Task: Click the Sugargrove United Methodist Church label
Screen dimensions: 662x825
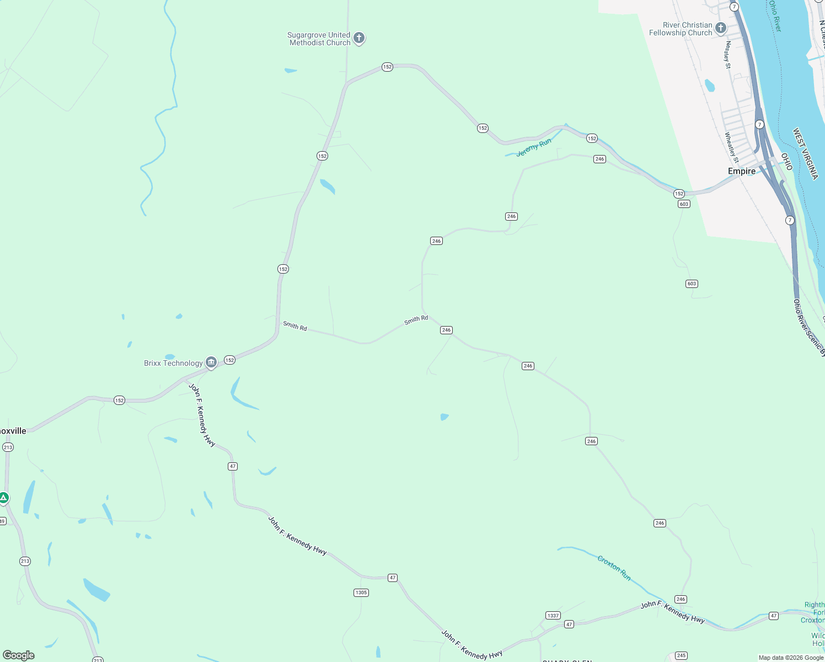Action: (319, 39)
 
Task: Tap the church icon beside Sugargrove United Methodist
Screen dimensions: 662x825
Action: (359, 38)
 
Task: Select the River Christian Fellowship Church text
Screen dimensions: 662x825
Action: (681, 29)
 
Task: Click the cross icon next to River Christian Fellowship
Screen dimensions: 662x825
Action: (720, 28)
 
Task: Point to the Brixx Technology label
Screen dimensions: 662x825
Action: (173, 363)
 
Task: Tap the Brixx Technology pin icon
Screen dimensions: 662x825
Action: (211, 362)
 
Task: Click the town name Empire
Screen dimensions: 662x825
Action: (741, 171)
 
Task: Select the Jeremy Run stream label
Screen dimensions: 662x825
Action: (533, 148)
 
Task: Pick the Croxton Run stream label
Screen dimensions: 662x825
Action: (614, 568)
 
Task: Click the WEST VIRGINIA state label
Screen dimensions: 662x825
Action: (805, 153)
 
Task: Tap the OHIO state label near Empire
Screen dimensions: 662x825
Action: (786, 162)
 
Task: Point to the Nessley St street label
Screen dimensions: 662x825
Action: (728, 55)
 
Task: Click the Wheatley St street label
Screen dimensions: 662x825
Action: (732, 147)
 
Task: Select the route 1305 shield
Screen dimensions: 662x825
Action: (361, 592)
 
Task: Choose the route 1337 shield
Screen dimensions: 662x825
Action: (553, 615)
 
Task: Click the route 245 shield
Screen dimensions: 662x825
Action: (681, 655)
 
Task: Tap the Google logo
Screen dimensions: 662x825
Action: (19, 655)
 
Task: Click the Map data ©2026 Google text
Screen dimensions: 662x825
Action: (790, 658)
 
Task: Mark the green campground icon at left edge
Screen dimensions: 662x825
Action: (4, 499)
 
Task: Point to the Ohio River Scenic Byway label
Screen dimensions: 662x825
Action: (809, 328)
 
